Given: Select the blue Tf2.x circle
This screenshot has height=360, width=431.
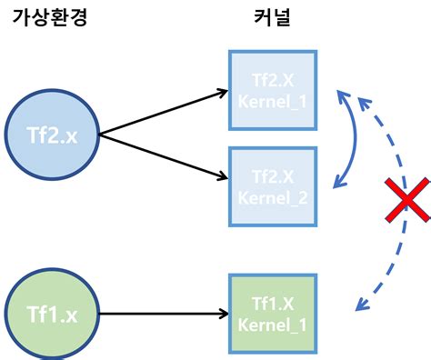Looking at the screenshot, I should (x=53, y=135).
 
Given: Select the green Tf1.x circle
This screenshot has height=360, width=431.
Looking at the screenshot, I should (x=53, y=315).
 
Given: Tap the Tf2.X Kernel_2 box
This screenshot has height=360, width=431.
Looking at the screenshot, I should (x=273, y=187).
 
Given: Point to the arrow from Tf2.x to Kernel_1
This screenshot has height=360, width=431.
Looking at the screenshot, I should (x=164, y=113).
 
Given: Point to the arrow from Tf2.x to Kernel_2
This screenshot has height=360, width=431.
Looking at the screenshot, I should (x=164, y=156).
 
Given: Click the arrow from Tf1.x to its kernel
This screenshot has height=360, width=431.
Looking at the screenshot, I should (x=164, y=315).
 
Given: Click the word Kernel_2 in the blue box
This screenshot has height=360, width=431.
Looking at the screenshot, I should (x=273, y=198).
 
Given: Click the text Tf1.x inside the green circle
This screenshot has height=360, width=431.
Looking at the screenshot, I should (x=53, y=315).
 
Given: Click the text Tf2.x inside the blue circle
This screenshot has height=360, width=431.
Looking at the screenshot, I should (x=53, y=135).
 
